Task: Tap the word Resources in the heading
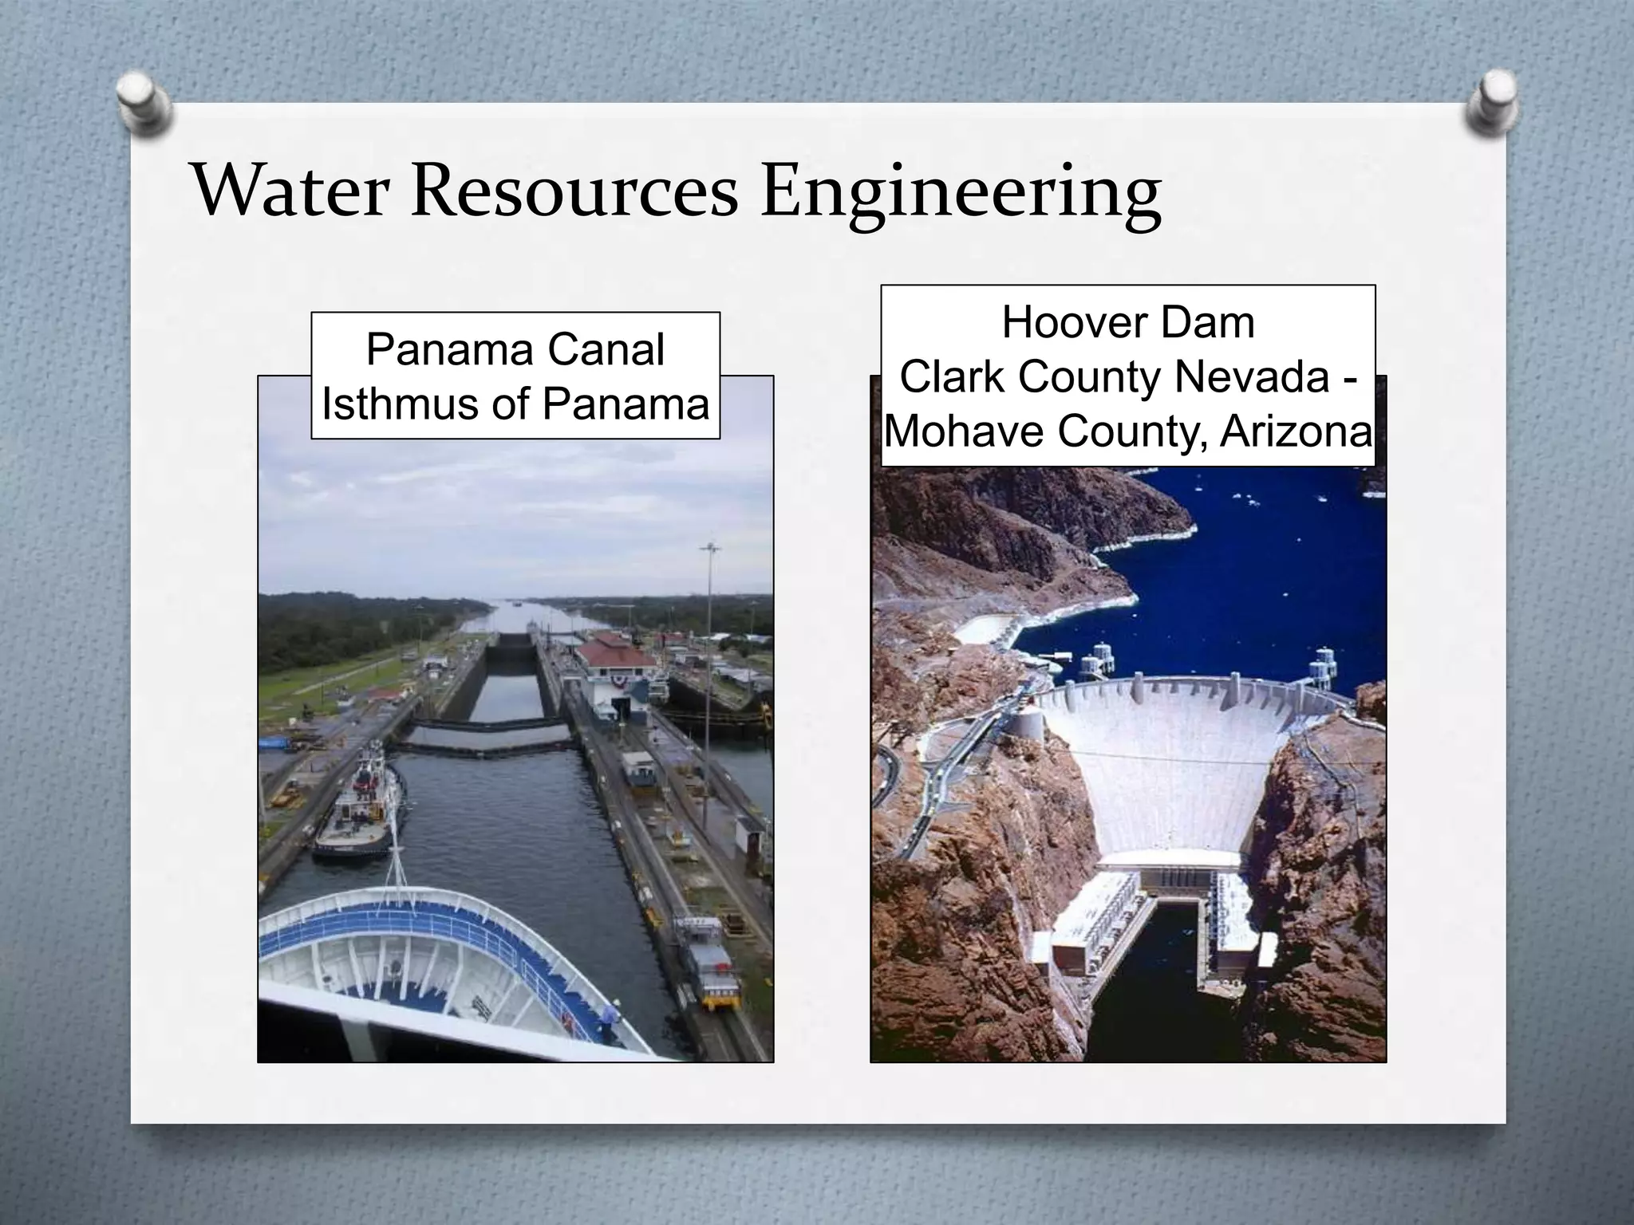tap(574, 192)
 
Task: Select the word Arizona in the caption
tap(1296, 431)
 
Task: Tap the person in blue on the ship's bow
tap(610, 1022)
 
